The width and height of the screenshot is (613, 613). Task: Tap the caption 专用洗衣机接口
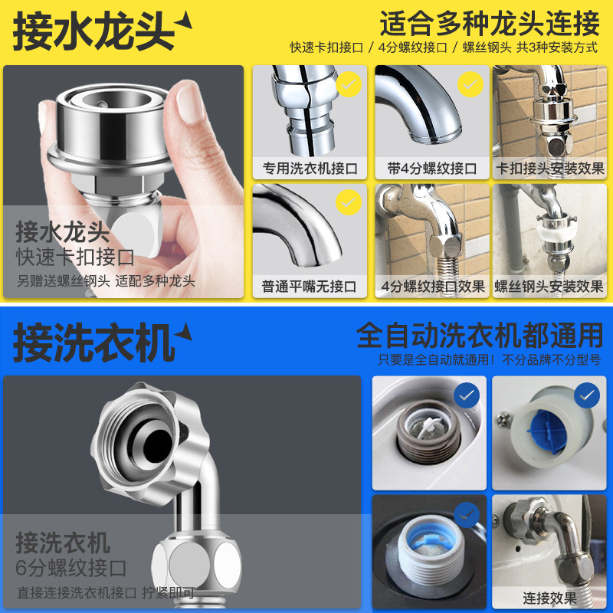pyautogui.click(x=310, y=169)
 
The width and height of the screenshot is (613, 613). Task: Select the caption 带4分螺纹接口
pyautogui.click(x=432, y=169)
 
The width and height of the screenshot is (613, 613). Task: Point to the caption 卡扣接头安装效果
pyautogui.click(x=549, y=169)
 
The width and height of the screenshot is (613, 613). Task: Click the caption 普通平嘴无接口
pyautogui.click(x=310, y=287)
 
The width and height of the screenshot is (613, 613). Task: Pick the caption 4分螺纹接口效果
pyautogui.click(x=432, y=287)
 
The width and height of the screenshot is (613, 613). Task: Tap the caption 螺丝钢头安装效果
pyautogui.click(x=549, y=287)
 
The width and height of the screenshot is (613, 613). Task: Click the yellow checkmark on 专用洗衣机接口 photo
pyautogui.click(x=349, y=84)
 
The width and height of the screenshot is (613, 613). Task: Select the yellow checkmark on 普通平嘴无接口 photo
pyautogui.click(x=349, y=203)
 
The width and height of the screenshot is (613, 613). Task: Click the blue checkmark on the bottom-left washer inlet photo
pyautogui.click(x=466, y=514)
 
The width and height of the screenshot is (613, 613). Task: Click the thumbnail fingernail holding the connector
pyautogui.click(x=188, y=103)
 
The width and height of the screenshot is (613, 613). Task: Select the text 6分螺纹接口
pyautogui.click(x=70, y=568)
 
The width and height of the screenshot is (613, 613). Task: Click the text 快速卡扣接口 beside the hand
pyautogui.click(x=75, y=256)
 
